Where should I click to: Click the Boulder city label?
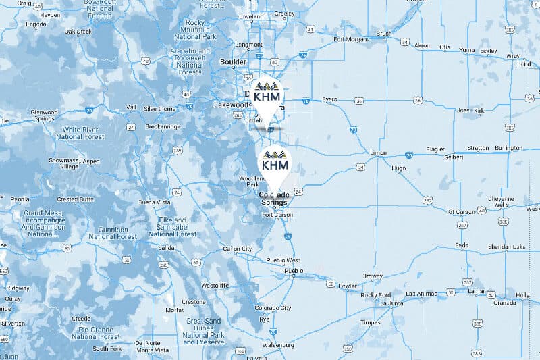point(234,62)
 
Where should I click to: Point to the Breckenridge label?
point(162,126)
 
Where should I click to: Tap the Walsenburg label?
point(280,344)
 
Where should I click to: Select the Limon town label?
point(379,153)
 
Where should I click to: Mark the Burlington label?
point(509,147)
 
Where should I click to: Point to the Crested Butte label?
point(76,199)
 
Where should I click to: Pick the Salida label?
point(165,248)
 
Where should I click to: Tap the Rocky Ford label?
point(376,294)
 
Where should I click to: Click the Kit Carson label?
point(462,211)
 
